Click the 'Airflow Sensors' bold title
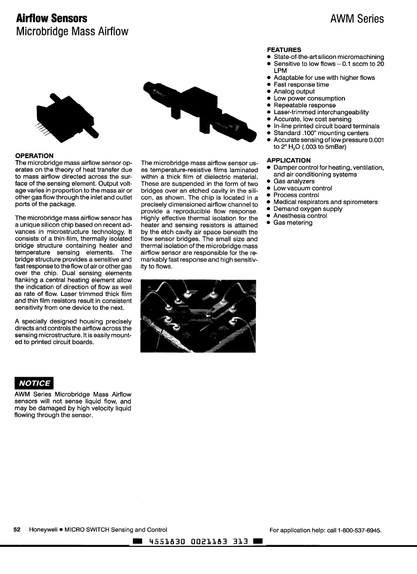tap(52, 19)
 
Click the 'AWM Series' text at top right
tap(357, 19)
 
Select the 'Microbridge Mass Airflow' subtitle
tap(72, 32)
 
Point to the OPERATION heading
tap(34, 156)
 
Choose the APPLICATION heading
tap(288, 160)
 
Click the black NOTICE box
tap(34, 382)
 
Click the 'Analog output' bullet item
tap(294, 91)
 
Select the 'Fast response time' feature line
tap(301, 85)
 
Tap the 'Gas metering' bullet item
tap(293, 223)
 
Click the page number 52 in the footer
tap(17, 530)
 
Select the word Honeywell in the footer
tap(43, 530)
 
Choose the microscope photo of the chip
tap(198, 316)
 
